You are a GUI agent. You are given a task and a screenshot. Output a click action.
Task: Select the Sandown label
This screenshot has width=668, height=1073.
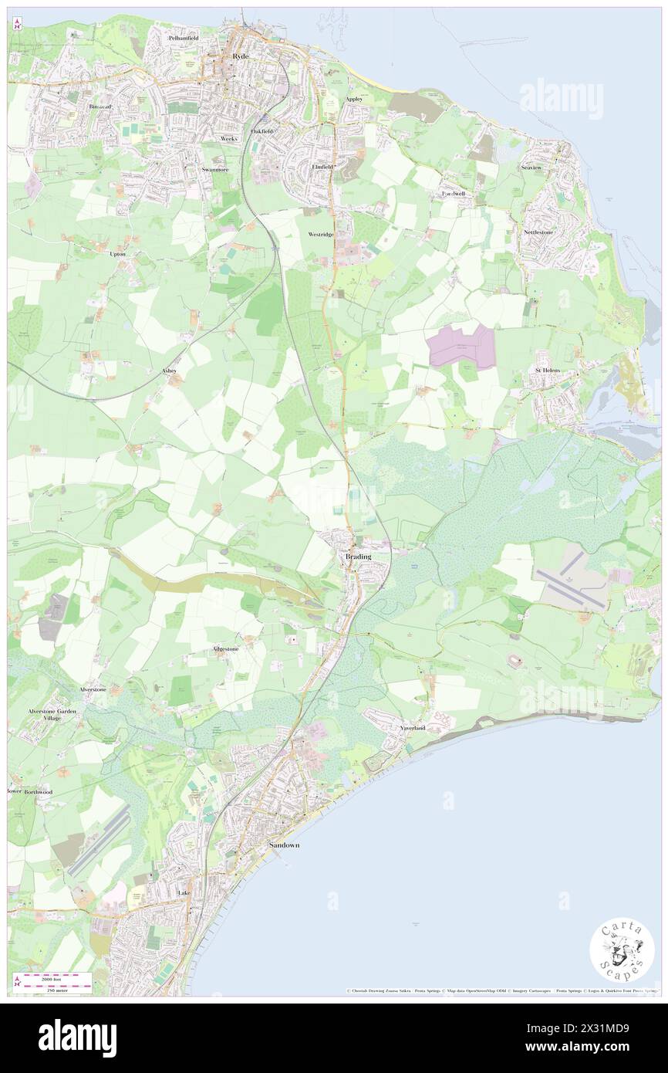285,845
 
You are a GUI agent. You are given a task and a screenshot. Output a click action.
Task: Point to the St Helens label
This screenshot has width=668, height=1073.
548,371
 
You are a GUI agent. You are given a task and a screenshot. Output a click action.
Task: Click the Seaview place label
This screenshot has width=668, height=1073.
531,167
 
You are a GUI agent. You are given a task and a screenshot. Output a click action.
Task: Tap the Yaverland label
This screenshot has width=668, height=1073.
413,728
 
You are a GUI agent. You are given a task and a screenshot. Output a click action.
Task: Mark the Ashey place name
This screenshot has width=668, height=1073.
170,371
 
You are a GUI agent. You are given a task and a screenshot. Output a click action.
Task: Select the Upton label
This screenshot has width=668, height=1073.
117,253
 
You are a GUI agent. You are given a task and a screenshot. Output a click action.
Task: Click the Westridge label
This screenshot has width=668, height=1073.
321,234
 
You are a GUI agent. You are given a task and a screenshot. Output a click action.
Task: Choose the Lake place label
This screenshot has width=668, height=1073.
184,892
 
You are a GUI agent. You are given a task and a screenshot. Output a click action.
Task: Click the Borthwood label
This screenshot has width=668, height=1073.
38,792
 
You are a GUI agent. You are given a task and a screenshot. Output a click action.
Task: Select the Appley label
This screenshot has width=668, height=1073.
354,99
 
